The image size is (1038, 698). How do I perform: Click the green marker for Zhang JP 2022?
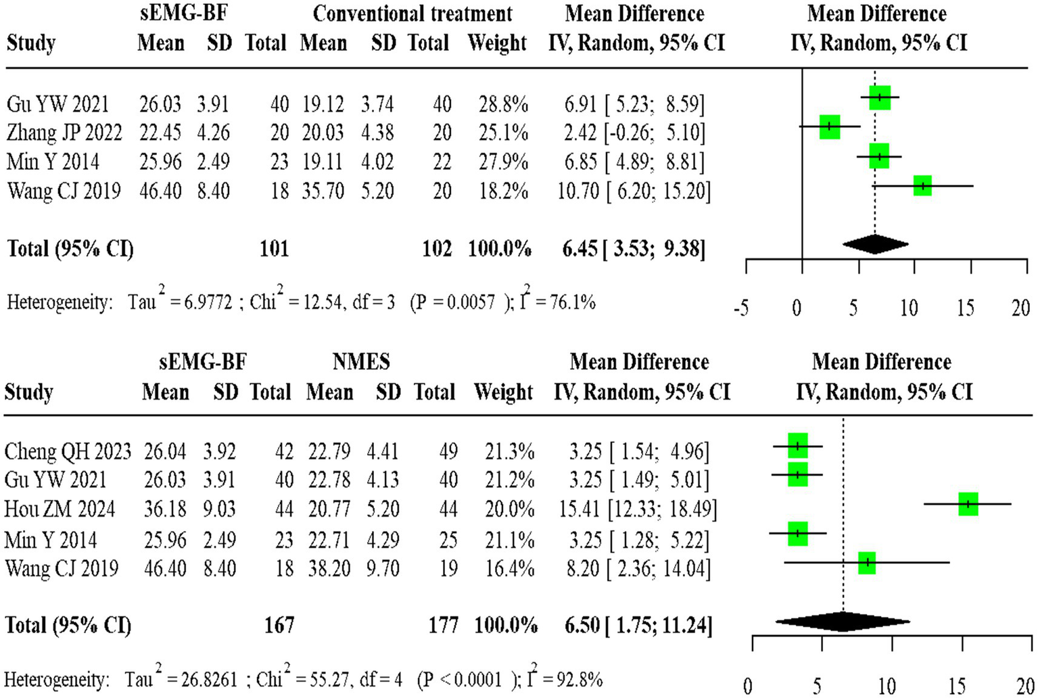tap(830, 126)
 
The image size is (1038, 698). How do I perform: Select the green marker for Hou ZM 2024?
tap(968, 504)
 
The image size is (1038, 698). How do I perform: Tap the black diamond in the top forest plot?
tap(875, 245)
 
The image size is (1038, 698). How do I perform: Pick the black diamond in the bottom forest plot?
tap(843, 621)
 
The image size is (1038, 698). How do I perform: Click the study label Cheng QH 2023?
tap(68, 451)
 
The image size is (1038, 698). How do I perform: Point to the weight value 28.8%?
tap(503, 104)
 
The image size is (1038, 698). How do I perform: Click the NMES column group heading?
tap(361, 362)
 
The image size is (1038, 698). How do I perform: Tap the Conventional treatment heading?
tap(412, 14)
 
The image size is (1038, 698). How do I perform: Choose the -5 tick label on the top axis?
tap(742, 308)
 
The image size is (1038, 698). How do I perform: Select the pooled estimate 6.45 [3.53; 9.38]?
tap(634, 249)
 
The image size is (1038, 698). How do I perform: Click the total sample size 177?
tap(443, 624)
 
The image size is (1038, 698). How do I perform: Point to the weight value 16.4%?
tap(509, 567)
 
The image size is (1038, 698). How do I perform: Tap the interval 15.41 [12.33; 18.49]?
tap(638, 509)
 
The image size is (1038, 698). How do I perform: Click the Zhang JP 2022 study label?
tap(64, 133)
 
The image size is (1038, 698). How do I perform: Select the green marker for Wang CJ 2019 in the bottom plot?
tap(866, 562)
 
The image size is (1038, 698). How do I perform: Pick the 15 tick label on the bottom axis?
tap(956, 686)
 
